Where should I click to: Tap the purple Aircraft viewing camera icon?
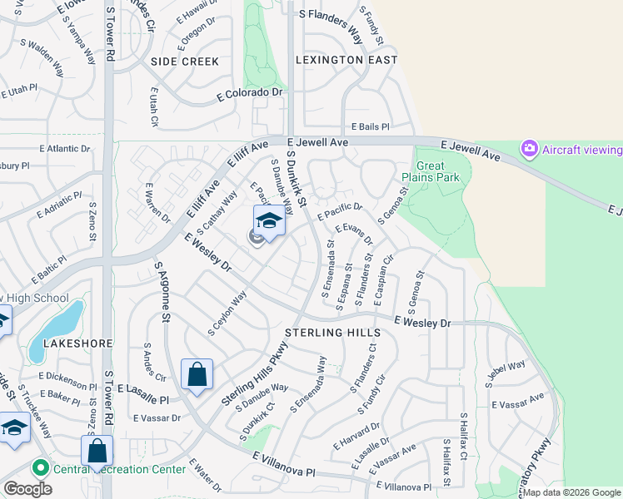coord(528,149)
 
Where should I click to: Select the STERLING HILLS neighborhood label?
coord(332,332)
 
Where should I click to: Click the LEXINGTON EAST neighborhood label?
coord(347,60)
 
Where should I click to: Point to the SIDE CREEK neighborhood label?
coord(185,62)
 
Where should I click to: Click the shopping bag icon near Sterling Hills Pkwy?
coord(197,375)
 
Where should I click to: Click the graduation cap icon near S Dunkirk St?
coord(269,221)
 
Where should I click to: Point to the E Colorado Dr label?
coord(250,92)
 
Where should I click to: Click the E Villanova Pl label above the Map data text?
coord(404,487)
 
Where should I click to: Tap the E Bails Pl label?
coord(370,126)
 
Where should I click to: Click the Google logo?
coord(27,489)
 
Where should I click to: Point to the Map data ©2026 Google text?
coord(571,492)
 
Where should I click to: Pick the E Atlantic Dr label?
coord(64,149)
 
